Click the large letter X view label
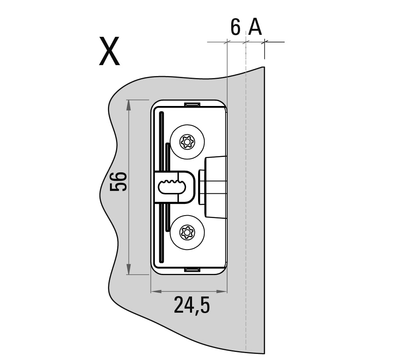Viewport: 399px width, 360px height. coord(109,51)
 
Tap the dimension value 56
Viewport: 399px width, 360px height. coord(118,182)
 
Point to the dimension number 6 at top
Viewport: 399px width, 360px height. coord(235,27)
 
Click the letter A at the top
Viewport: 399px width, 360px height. coord(255,27)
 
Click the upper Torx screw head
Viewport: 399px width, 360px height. coord(187,142)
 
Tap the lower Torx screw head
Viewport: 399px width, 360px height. coord(187,232)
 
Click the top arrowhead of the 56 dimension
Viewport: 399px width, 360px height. coord(129,105)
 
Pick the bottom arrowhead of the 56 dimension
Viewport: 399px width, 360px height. coord(129,269)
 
